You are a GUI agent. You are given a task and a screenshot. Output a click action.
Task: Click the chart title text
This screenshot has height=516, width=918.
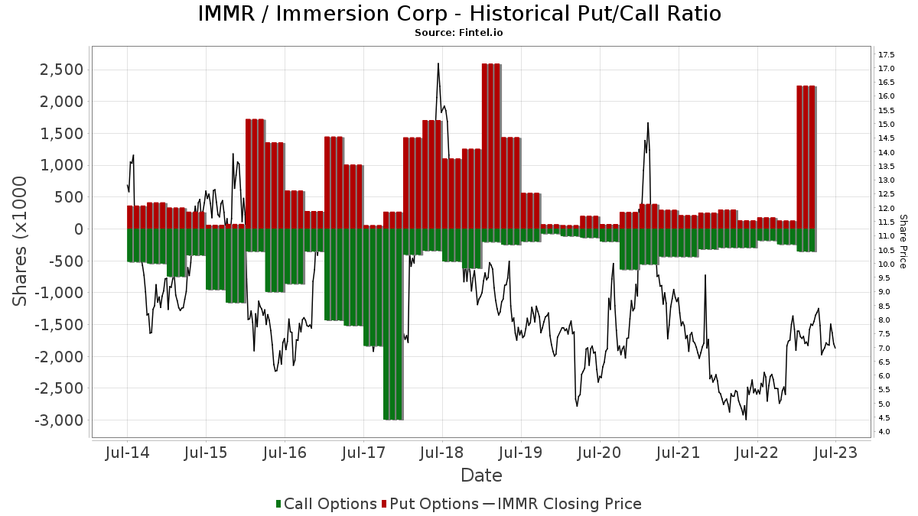coord(459,14)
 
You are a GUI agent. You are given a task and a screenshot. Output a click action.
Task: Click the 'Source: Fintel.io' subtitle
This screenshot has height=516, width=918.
coord(459,33)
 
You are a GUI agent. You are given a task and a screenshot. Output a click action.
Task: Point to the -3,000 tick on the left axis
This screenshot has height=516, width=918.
coord(59,420)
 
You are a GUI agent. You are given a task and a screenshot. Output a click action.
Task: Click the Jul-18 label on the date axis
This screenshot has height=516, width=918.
coord(441,453)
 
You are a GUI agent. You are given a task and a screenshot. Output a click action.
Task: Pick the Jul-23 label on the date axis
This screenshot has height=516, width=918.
coord(835,453)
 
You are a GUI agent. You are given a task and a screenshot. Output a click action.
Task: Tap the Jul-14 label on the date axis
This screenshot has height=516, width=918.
coord(127,453)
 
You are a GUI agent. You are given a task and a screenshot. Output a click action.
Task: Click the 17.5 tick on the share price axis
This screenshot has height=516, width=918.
coord(887,54)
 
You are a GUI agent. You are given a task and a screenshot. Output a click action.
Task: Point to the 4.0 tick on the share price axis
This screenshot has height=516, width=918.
coord(884,432)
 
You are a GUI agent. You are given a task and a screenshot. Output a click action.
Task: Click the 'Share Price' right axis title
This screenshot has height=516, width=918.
coord(903,241)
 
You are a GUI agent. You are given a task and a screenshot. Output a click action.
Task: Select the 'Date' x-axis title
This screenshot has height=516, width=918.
coord(481,475)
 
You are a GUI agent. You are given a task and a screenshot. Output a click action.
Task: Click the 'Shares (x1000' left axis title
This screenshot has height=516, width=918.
coord(21,241)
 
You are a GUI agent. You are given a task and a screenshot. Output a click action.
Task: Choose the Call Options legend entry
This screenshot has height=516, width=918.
coord(327,504)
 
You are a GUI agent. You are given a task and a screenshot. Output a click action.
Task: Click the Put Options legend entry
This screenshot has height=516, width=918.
coord(435,504)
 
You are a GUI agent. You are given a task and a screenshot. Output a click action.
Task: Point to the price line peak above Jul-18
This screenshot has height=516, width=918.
coord(438,64)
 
